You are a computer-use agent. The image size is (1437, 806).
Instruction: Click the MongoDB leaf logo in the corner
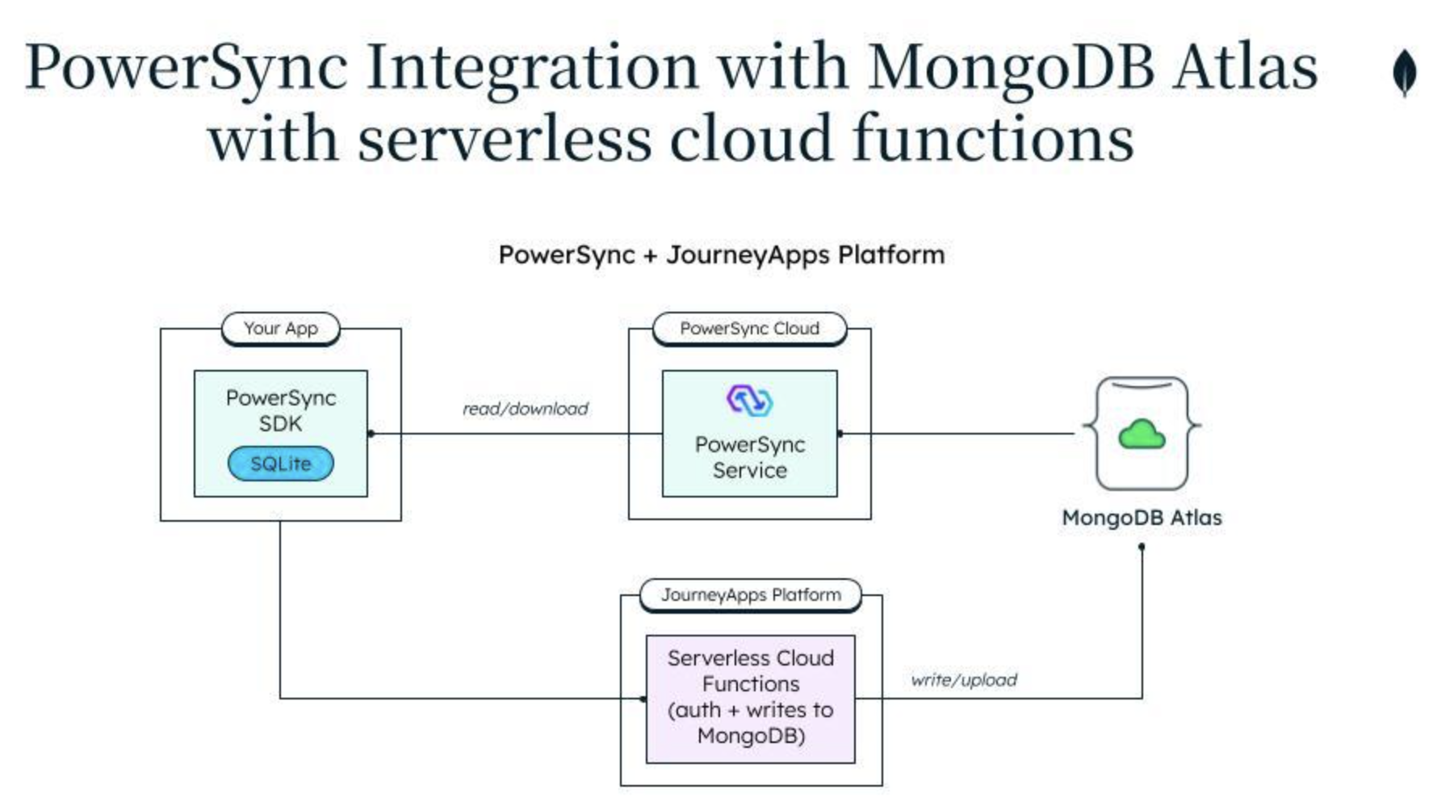(1405, 73)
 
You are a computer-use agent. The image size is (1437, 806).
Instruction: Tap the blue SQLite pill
(280, 464)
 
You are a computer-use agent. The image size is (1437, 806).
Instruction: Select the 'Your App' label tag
(280, 329)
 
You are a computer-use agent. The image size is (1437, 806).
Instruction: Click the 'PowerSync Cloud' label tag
(749, 329)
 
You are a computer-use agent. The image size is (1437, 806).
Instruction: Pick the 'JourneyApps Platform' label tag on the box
(751, 595)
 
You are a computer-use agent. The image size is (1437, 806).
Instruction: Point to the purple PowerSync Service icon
(749, 401)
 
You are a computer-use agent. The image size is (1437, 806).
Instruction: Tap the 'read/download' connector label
(525, 409)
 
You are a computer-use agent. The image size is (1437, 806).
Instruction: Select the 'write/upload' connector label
(963, 680)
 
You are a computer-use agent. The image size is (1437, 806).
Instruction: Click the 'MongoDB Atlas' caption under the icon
(1142, 518)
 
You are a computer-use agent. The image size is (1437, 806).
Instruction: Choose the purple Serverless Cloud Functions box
(751, 699)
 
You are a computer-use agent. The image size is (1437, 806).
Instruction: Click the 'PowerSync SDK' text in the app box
(280, 410)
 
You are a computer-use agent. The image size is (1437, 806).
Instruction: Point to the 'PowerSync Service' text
(749, 457)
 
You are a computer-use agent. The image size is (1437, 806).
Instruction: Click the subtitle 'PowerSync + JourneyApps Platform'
(721, 255)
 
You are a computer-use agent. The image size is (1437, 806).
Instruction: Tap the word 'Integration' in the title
(532, 66)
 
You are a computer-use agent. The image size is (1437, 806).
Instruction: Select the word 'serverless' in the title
(504, 139)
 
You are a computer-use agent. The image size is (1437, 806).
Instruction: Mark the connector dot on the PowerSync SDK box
(371, 434)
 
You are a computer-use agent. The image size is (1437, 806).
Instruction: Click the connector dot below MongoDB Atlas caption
(1142, 548)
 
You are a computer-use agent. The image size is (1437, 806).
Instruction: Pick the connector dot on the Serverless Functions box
(643, 699)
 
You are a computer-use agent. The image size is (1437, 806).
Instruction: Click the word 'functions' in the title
(993, 139)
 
